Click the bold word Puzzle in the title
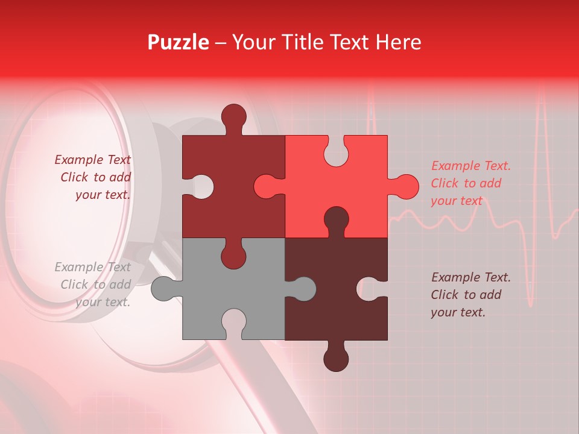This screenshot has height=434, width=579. click(178, 42)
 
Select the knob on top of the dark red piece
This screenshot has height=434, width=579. click(234, 116)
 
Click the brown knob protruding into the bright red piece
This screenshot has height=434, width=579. click(336, 218)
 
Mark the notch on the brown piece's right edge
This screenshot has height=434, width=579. click(374, 289)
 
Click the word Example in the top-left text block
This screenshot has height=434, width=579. click(79, 160)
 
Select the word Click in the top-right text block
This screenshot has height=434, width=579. click(445, 183)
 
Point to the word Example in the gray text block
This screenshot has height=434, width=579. click(79, 267)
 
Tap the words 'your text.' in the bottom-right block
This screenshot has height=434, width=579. click(458, 312)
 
